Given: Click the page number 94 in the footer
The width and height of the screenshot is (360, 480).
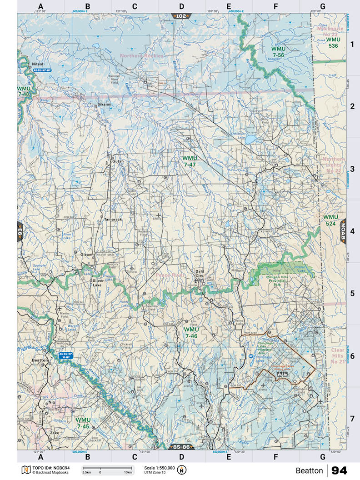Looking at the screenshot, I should tap(339, 470).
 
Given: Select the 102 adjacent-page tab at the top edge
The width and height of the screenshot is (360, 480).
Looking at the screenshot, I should tap(181, 16).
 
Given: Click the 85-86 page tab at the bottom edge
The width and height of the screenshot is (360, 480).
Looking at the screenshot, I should tap(181, 447).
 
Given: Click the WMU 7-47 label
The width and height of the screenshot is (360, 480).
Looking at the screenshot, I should tap(189, 161).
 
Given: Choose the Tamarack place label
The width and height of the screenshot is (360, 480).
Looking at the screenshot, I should tap(112, 219).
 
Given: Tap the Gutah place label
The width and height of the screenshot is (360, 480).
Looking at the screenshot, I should tap(118, 161).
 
